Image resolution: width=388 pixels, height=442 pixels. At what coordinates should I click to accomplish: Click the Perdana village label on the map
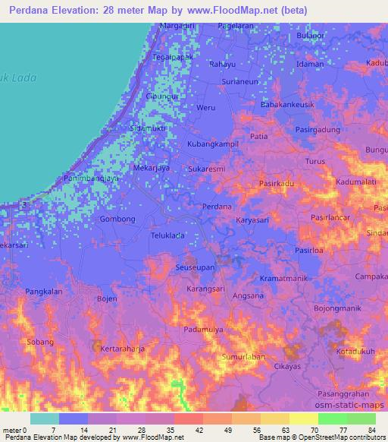[217, 207]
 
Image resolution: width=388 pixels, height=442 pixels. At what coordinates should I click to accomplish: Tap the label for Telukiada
[167, 235]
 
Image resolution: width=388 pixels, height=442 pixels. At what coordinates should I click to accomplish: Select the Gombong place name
[117, 219]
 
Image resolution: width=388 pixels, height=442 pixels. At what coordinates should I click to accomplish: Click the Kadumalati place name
[357, 183]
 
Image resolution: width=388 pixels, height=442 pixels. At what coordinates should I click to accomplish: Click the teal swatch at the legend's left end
[45, 418]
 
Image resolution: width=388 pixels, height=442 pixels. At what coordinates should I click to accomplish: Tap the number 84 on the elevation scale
[371, 430]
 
